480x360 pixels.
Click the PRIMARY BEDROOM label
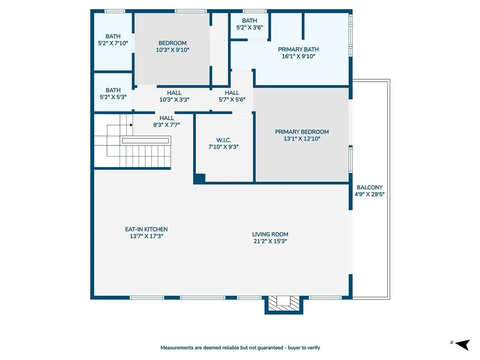[x=302, y=132]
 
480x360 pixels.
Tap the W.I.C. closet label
[x=223, y=140]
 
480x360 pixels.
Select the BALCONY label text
[x=369, y=187]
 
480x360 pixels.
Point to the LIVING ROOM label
[x=270, y=234]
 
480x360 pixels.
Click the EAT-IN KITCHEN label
[x=146, y=229]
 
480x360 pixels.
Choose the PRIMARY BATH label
[x=298, y=49]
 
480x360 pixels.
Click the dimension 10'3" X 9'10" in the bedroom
[x=172, y=50]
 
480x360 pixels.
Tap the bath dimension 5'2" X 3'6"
[x=249, y=28]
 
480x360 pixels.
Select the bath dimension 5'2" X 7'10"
[x=113, y=43]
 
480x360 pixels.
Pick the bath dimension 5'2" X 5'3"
[x=113, y=97]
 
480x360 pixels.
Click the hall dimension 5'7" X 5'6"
[x=232, y=99]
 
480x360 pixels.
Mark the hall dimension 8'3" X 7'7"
[x=166, y=125]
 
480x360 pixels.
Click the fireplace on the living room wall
[x=284, y=304]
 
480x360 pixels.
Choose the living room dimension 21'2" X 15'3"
[x=270, y=241]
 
